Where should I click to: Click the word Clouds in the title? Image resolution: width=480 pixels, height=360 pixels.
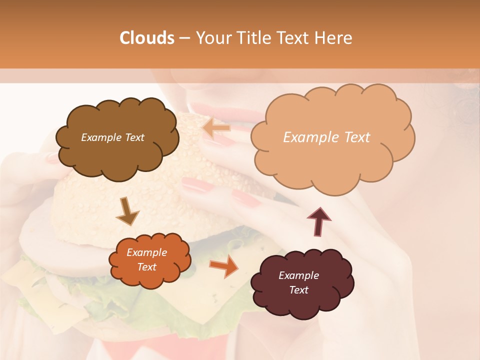(x=147, y=38)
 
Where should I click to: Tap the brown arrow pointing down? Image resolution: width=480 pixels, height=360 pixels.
(x=127, y=211)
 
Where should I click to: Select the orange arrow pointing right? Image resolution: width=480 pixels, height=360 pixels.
(x=223, y=266)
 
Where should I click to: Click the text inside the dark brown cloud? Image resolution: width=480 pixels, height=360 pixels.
(x=112, y=137)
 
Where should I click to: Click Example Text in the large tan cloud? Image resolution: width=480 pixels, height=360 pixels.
(x=326, y=137)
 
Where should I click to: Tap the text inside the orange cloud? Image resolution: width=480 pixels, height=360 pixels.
(x=147, y=260)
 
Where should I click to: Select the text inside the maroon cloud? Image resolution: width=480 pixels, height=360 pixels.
(x=298, y=282)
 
